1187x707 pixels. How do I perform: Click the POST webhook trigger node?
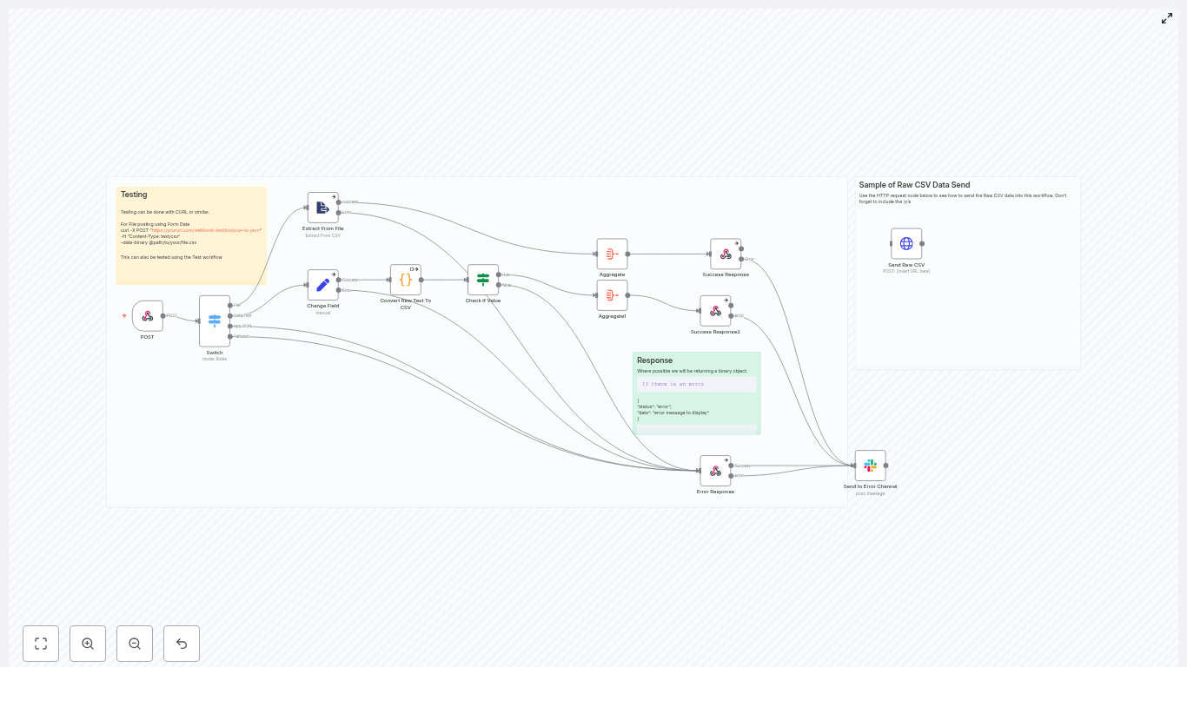[x=148, y=316]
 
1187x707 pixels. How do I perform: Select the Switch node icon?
[x=215, y=320]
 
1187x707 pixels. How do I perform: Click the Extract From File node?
[x=323, y=208]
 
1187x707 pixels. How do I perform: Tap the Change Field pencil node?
[x=323, y=285]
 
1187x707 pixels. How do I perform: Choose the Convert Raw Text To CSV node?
[x=406, y=280]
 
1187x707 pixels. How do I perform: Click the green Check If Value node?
[x=483, y=280]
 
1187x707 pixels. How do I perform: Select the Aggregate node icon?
[x=612, y=254]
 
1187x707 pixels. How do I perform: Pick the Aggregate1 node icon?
[x=612, y=295]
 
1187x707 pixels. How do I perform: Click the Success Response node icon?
[x=726, y=254]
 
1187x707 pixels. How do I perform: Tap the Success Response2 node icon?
[x=715, y=311]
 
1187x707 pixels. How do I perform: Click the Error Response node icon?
[x=715, y=471]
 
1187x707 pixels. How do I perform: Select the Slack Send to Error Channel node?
[x=870, y=466]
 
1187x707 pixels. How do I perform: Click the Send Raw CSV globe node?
[x=906, y=243]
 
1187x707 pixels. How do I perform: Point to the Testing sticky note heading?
[x=134, y=195]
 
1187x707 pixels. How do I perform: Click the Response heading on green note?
[x=654, y=360]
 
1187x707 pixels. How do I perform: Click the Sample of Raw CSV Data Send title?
[x=914, y=185]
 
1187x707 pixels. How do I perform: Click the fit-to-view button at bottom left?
[x=41, y=644]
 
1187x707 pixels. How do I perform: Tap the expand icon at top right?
[x=1167, y=18]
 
